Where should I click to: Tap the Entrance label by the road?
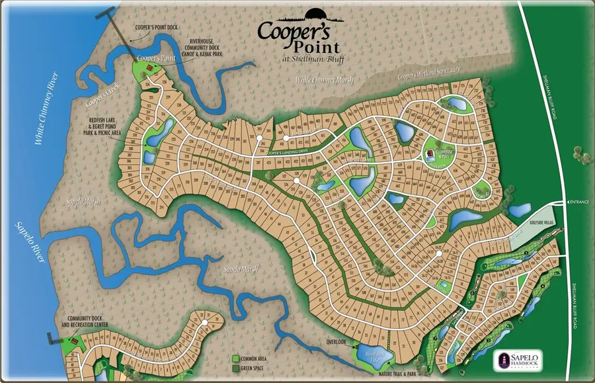coord(580,202)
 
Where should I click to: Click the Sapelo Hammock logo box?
coord(518,360)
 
